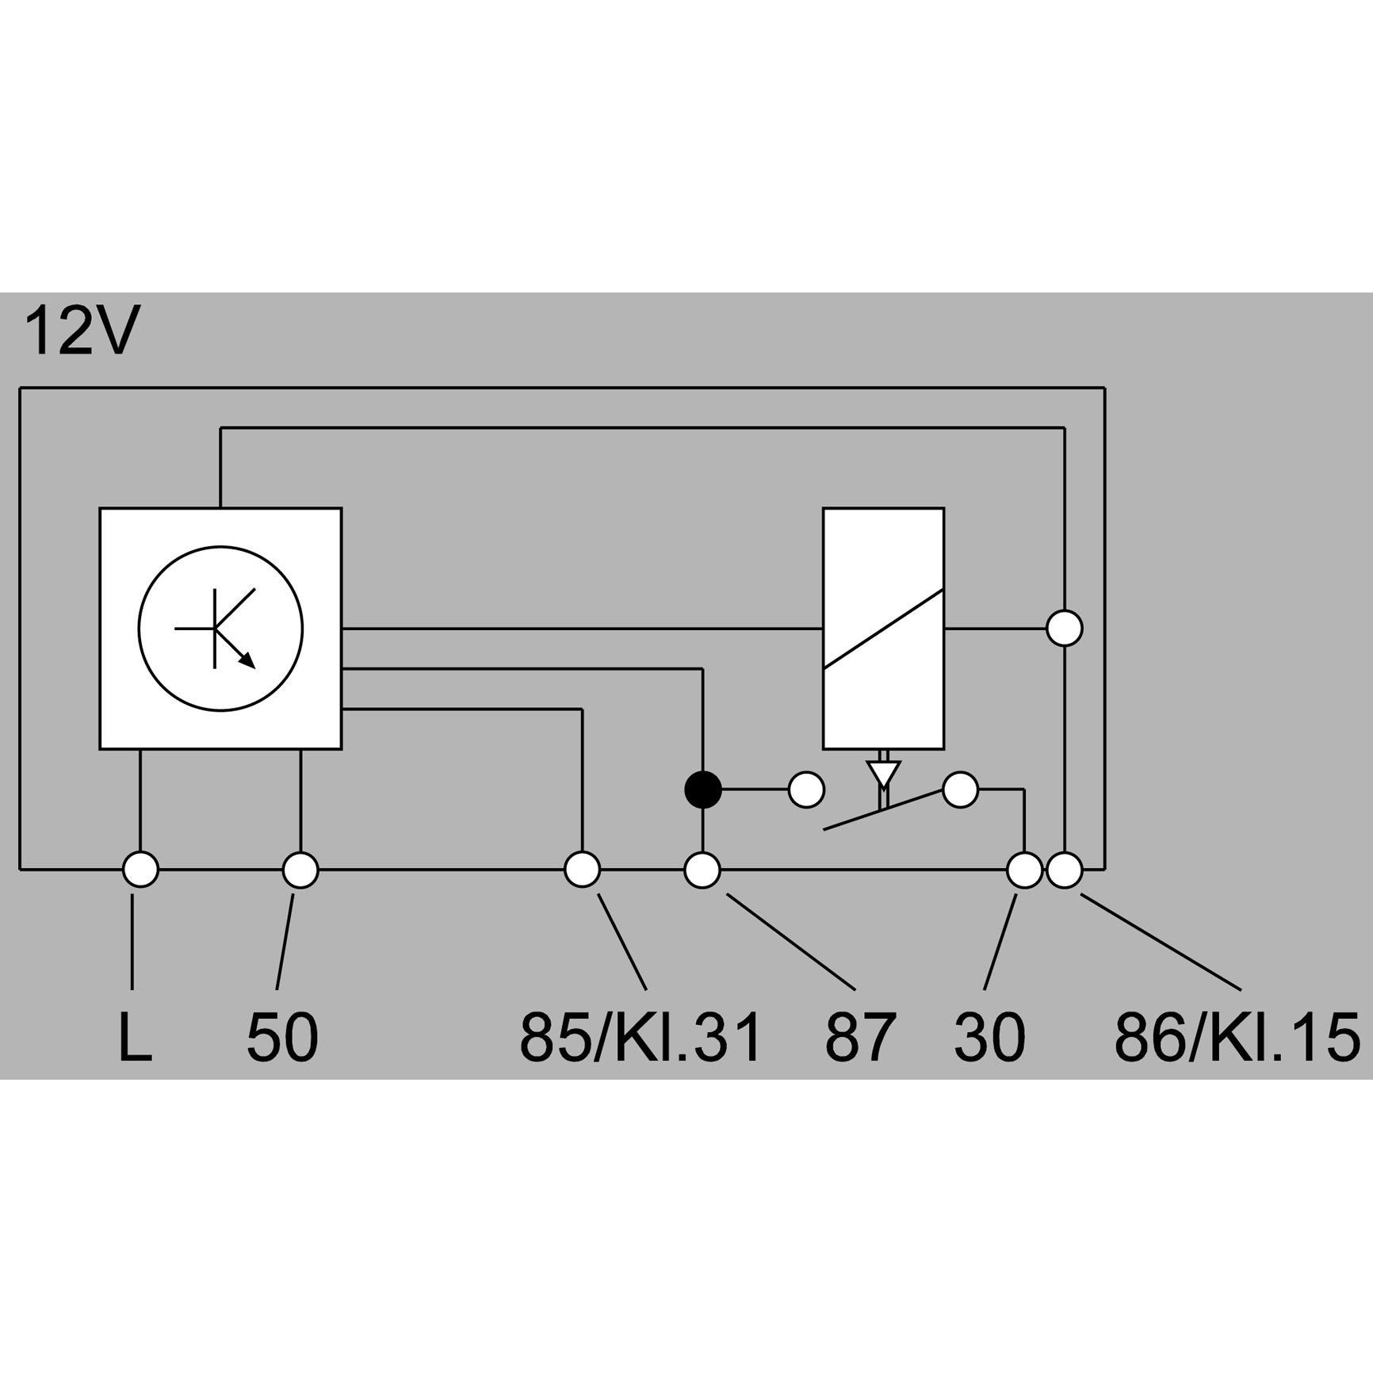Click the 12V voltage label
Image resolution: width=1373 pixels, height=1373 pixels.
click(x=82, y=331)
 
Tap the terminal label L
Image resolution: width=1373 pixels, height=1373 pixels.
click(x=134, y=1037)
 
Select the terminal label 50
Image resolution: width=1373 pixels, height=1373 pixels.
click(x=282, y=1037)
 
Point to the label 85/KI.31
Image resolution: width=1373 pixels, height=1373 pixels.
click(x=640, y=1037)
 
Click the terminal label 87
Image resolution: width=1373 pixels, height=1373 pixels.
click(x=861, y=1037)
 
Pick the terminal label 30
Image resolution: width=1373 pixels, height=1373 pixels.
click(x=989, y=1037)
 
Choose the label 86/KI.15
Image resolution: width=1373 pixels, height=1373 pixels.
click(x=1237, y=1037)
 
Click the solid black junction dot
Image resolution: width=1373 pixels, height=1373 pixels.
click(x=702, y=790)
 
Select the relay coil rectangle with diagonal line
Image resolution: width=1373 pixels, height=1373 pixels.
click(x=883, y=629)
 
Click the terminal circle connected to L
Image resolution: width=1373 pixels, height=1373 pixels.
click(x=141, y=870)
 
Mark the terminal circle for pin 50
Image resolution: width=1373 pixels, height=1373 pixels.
click(x=300, y=870)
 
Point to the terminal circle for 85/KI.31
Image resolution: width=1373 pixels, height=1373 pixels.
click(x=583, y=870)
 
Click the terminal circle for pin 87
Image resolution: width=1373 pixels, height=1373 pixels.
click(x=702, y=870)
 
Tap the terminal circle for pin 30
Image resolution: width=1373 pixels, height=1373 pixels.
click(x=1024, y=870)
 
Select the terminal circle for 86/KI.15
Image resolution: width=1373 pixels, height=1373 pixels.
click(x=1065, y=870)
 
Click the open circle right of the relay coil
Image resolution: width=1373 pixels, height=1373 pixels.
click(x=1065, y=629)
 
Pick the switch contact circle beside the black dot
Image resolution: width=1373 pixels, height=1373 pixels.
click(x=806, y=790)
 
